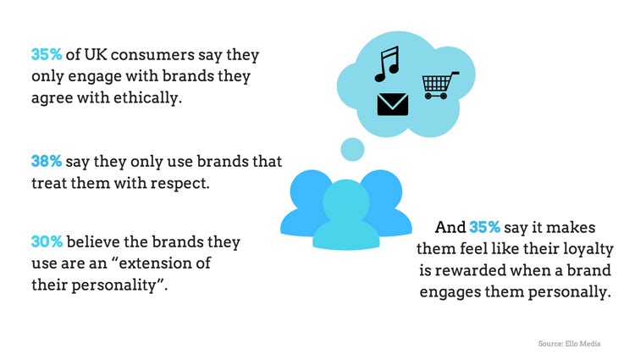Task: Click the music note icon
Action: point(387,64)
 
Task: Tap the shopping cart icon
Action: point(440,86)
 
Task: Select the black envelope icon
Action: point(392,104)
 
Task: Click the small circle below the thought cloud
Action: point(352,149)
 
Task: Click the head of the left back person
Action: point(310,191)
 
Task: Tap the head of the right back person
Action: point(383,191)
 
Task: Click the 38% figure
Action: point(47,161)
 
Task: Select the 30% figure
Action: point(47,241)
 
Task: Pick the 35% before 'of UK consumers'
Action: point(47,54)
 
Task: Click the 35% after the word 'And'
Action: point(485,227)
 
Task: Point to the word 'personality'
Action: point(113,285)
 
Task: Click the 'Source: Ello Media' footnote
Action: point(570,343)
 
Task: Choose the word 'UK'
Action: point(96,55)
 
